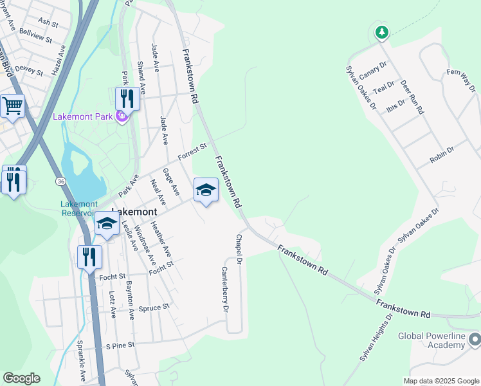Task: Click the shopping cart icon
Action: coord(12,106)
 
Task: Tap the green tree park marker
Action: coord(382,32)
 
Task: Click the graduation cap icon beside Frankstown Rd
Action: coord(206,190)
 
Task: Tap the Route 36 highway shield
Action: coord(60,182)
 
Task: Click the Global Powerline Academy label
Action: coord(431,340)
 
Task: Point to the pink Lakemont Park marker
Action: coord(121,116)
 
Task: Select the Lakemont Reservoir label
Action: coord(78,208)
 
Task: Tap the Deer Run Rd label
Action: coord(412,97)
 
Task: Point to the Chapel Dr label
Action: coord(238,249)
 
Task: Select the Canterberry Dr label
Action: coord(226,289)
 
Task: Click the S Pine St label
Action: coord(121,345)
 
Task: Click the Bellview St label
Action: coord(36,34)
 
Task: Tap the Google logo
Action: coord(21,378)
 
